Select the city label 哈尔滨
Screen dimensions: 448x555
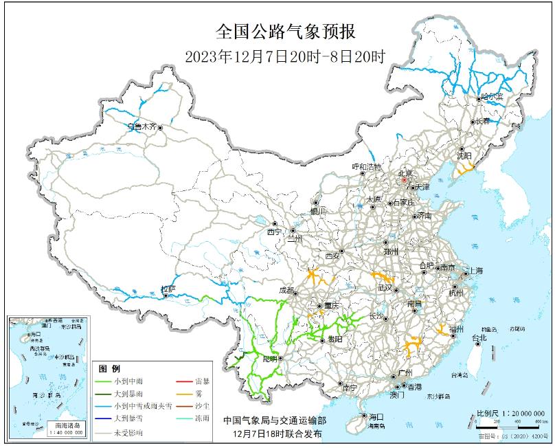click(x=492, y=97)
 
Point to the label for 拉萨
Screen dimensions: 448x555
click(x=167, y=289)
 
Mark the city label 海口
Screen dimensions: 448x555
click(x=375, y=416)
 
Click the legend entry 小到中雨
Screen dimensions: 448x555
click(x=129, y=381)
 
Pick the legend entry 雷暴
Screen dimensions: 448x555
click(x=202, y=381)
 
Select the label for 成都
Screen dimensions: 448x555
click(x=284, y=291)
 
